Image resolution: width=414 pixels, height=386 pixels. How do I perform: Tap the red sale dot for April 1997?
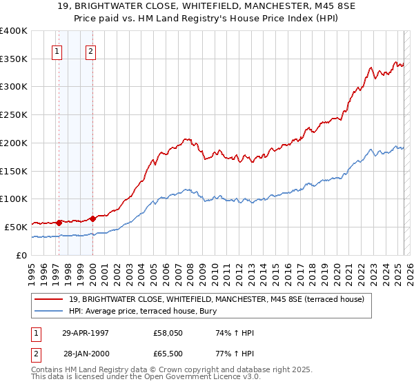coord(59,222)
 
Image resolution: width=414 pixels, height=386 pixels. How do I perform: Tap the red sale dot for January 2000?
coord(92,218)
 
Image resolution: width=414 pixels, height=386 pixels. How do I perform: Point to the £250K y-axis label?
coord(14,114)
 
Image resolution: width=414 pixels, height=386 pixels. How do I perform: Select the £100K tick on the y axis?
coord(14,199)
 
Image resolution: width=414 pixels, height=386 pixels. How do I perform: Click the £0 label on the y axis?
coord(21,254)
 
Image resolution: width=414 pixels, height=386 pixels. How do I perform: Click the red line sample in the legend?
coord(50,299)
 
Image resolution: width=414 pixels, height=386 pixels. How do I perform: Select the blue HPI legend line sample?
coord(50,311)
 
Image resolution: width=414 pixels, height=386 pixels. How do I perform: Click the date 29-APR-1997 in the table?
coord(86,333)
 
